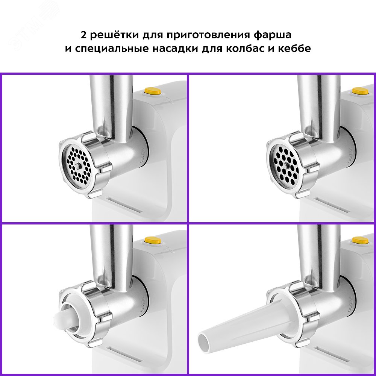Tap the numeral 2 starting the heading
83,35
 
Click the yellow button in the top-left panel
153,91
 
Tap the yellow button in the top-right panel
360,91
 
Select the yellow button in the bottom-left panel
153,240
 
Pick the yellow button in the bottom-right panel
360,240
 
